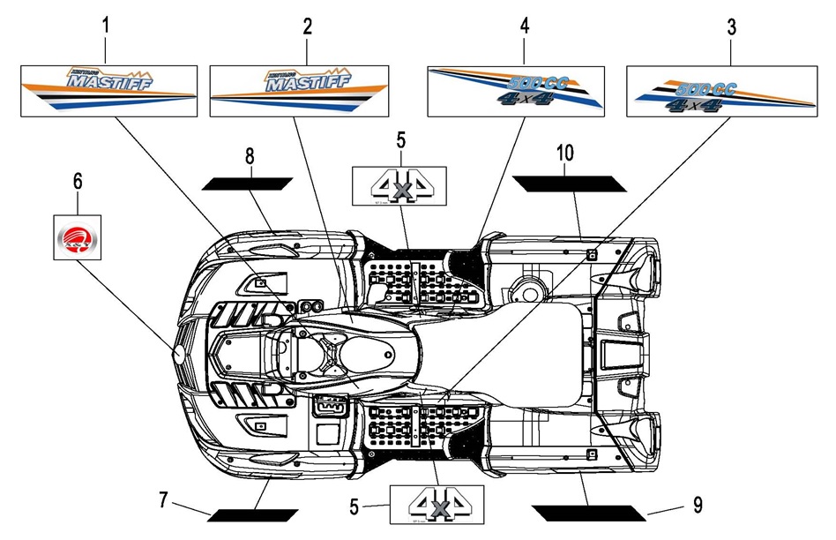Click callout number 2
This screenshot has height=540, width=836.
point(307,26)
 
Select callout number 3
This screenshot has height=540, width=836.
point(731,26)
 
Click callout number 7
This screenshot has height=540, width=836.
point(163,500)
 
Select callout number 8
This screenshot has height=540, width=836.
point(250,156)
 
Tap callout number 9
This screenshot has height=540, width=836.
point(697,505)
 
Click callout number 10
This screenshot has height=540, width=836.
point(564,153)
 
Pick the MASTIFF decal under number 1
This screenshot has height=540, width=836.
point(108,91)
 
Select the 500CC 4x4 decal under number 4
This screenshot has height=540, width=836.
point(516,91)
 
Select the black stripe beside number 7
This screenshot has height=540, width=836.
point(253,514)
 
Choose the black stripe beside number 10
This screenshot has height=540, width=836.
point(570,183)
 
